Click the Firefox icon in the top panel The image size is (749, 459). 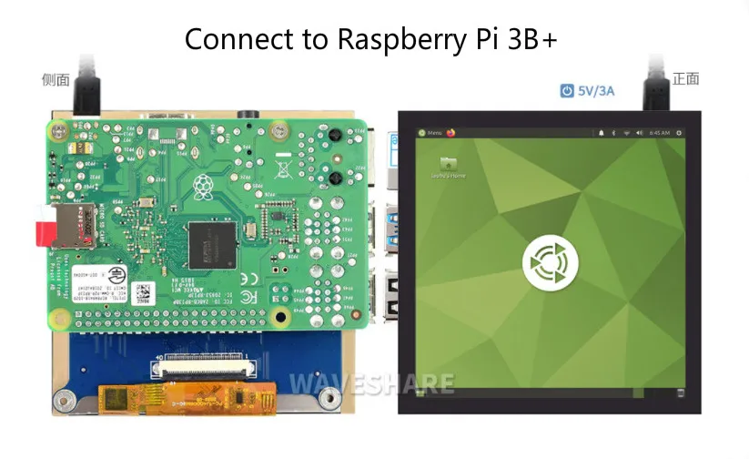pyautogui.click(x=450, y=132)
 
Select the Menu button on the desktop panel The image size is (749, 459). pyautogui.click(x=430, y=132)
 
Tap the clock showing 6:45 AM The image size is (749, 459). pyautogui.click(x=660, y=133)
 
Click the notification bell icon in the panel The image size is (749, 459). pyautogui.click(x=601, y=133)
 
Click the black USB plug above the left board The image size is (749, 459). pyautogui.click(x=88, y=86)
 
